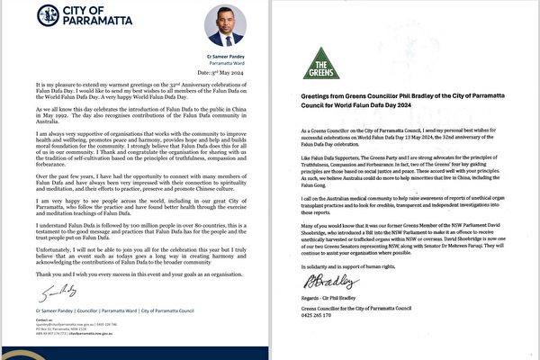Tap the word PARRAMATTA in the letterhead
click(87, 20)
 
